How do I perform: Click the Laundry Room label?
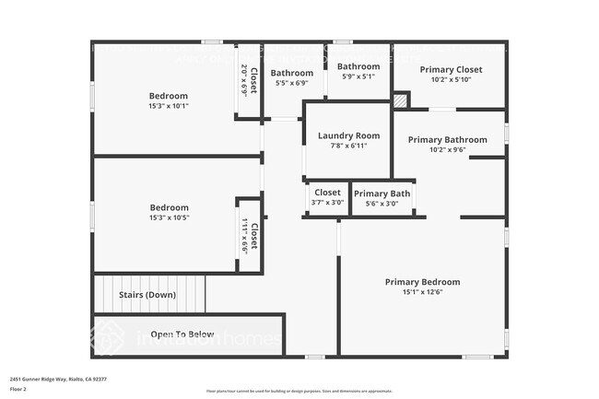coord(348,135)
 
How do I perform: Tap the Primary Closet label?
coord(451,69)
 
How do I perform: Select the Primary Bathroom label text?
coord(450,139)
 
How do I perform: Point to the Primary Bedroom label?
coord(422,282)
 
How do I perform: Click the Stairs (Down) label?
coord(147,295)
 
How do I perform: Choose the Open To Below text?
coord(182,334)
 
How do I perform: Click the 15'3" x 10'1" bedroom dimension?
coord(169,106)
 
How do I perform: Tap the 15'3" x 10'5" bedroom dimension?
coord(169,217)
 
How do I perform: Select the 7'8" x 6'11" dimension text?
coord(348,146)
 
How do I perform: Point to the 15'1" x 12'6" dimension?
coord(422,293)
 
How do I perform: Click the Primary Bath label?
coord(382,194)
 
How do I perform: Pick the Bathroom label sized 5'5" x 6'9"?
coord(291,73)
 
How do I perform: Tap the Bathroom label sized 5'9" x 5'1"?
coord(358,66)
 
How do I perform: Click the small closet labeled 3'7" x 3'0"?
coord(327,194)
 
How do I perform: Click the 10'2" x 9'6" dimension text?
coord(450,149)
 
